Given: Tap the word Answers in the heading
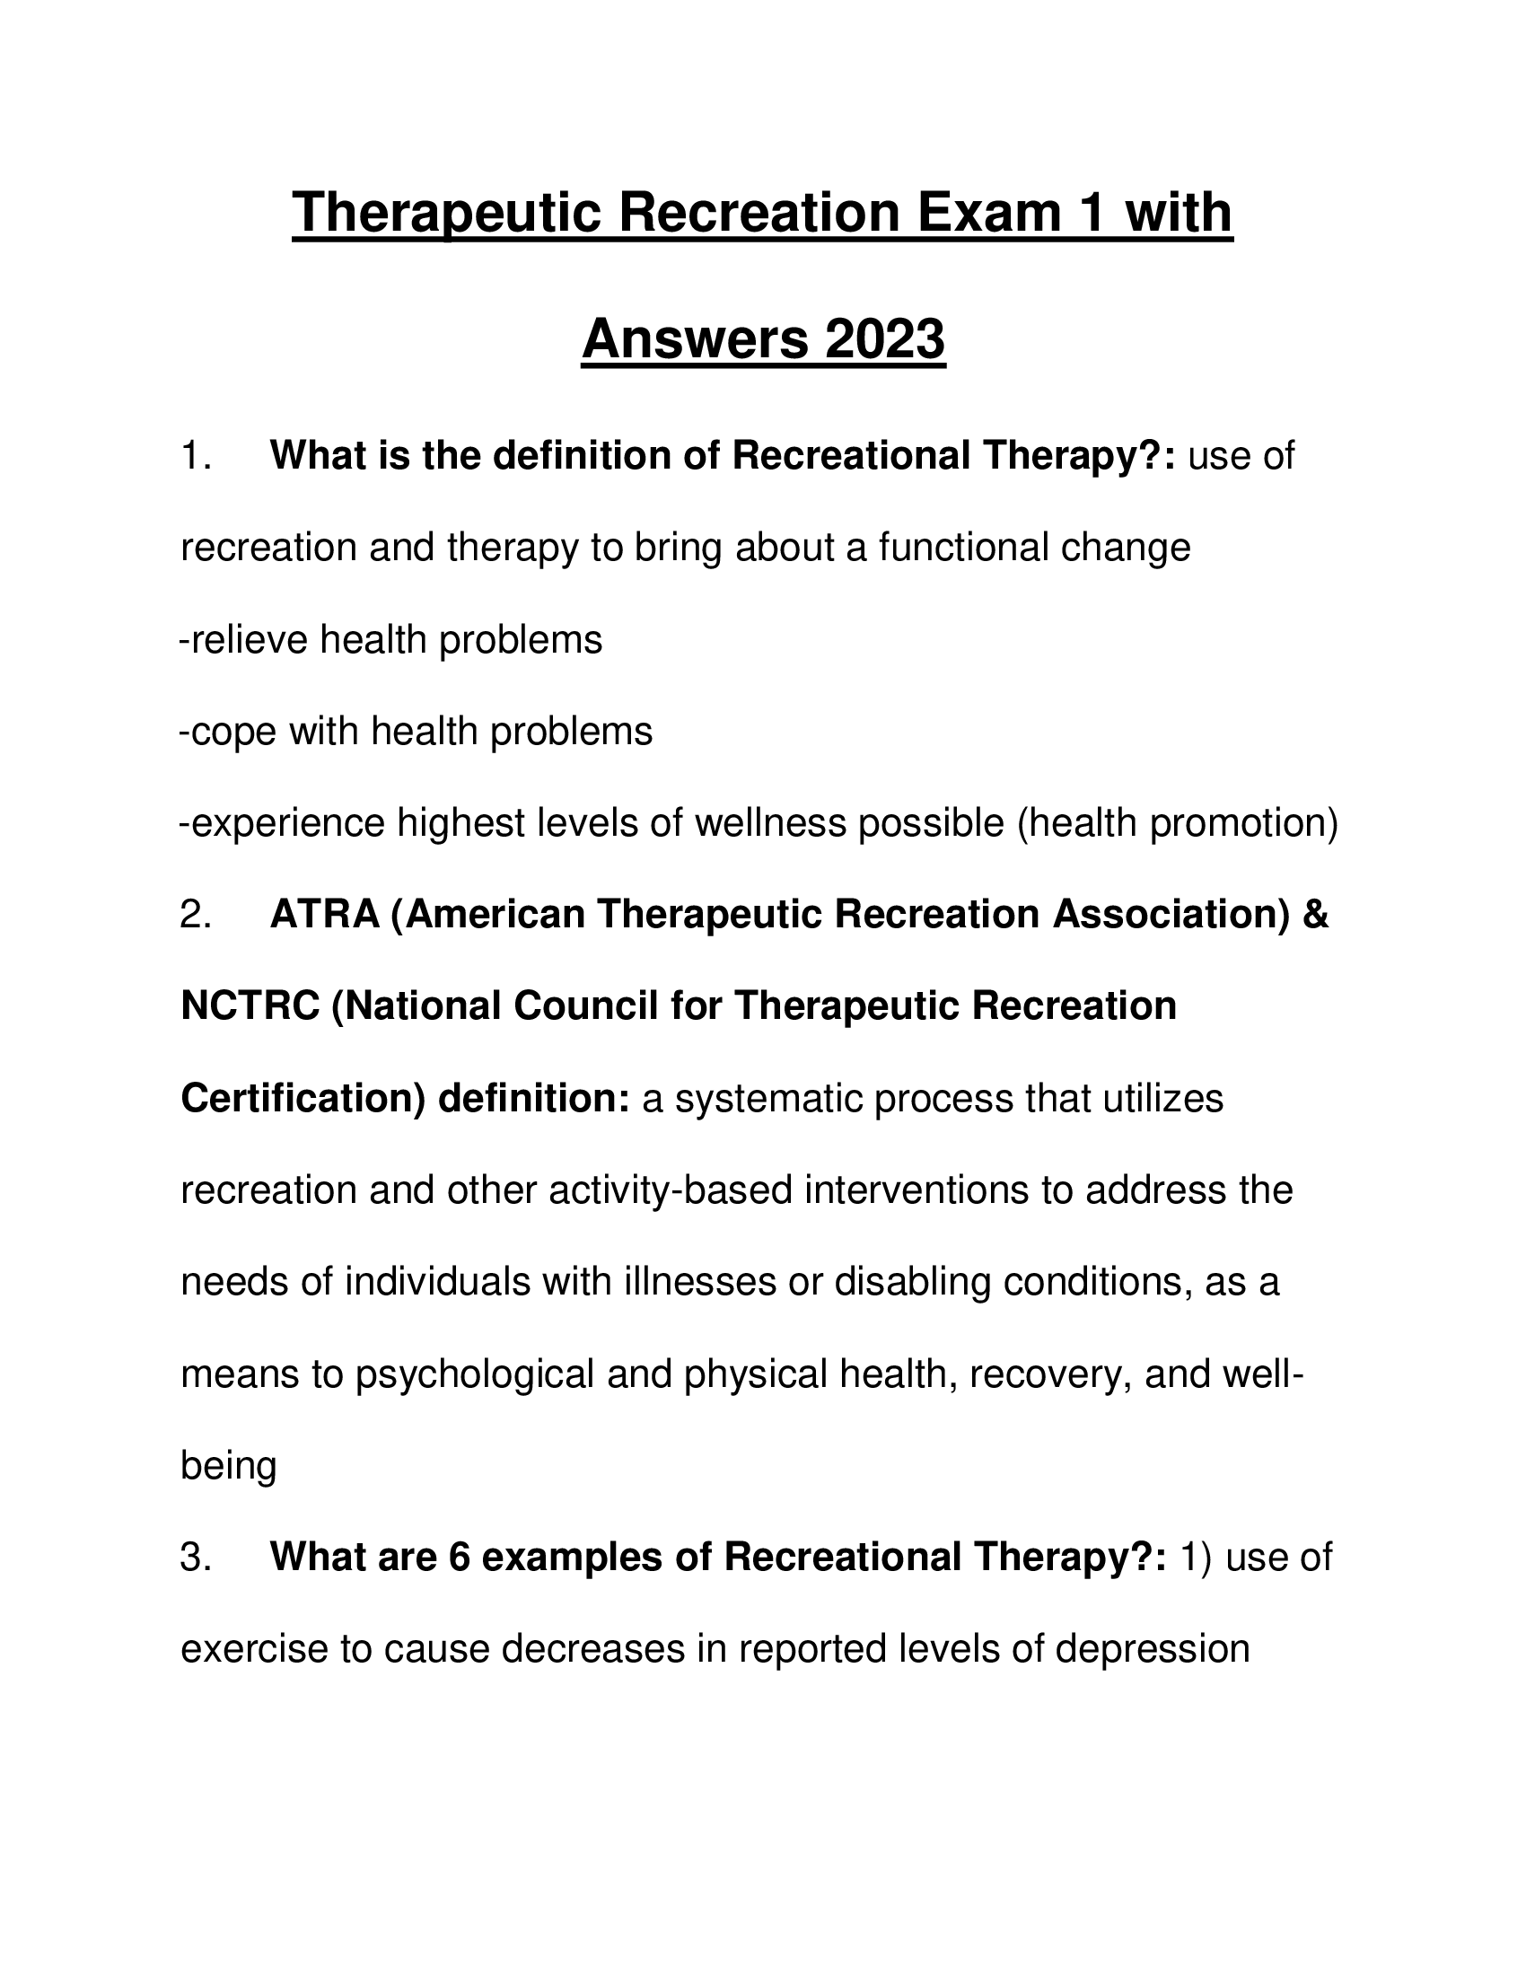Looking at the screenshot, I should coord(694,340).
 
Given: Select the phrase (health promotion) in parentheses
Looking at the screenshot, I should coord(1178,822).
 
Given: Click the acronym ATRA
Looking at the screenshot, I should coord(325,914).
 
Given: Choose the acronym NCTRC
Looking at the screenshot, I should coord(250,1005).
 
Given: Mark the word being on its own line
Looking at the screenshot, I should coord(228,1465).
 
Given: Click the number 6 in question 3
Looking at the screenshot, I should coord(460,1558).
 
